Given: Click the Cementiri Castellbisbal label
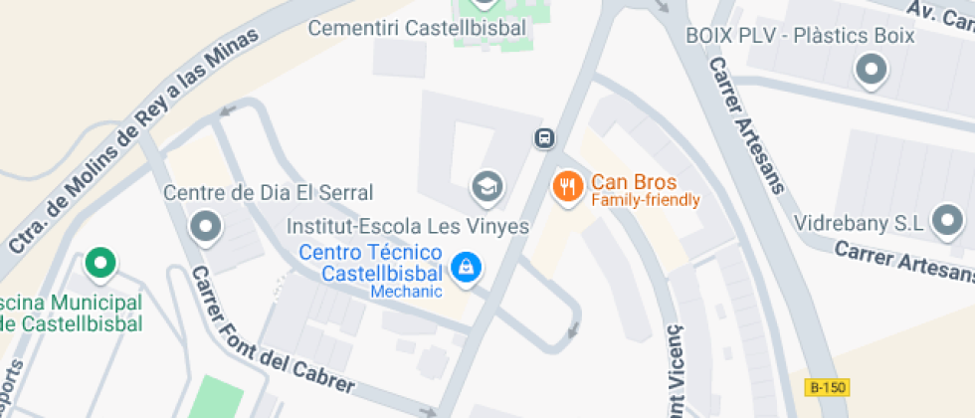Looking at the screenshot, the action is (417, 28).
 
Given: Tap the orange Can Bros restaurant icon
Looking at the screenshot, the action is (567, 186).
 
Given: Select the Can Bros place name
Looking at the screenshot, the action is (634, 182).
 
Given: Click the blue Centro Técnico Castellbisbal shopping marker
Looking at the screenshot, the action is (464, 266).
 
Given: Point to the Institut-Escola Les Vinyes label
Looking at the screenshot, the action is (408, 227).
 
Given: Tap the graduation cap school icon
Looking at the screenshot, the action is (487, 185).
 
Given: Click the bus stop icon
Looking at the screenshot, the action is (544, 137).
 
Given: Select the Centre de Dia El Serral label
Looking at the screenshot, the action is (268, 192).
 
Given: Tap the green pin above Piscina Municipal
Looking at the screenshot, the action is (98, 263).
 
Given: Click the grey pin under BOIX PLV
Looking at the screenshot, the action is (872, 70).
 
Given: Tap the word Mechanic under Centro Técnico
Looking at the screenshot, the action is (406, 292).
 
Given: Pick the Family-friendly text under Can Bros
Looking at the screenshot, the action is (646, 200).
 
